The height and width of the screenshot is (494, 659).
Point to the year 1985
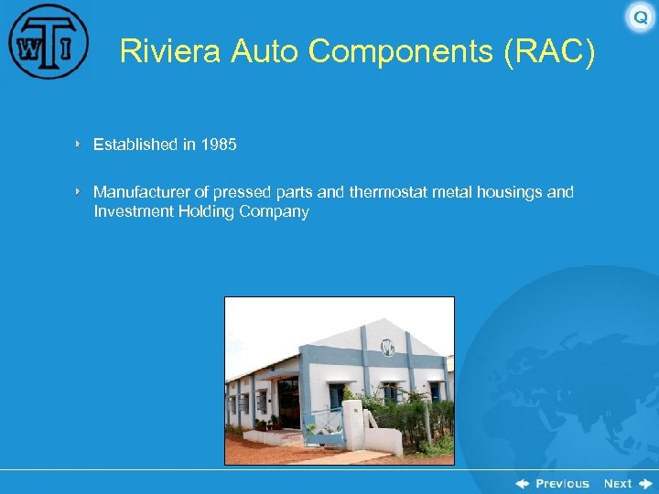219,145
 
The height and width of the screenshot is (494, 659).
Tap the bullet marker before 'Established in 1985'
79,145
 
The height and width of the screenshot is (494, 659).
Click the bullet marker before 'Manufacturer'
79,192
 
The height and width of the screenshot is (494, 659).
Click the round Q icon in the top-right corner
640,17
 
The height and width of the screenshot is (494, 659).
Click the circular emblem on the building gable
387,347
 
